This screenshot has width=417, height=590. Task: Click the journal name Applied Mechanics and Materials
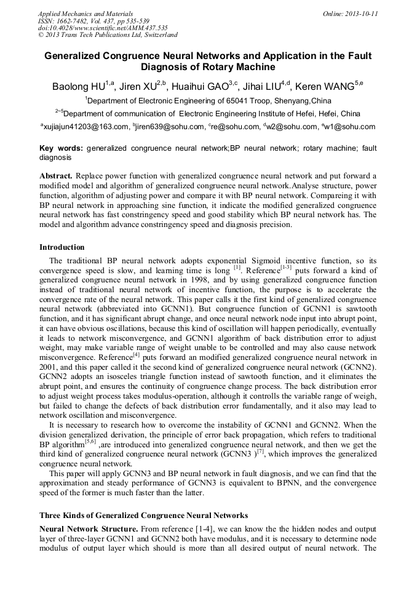85,13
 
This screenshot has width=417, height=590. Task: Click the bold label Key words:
61,148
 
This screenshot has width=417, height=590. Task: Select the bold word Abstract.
56,175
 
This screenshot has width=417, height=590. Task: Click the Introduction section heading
62,247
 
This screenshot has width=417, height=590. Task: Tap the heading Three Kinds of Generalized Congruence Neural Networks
143,515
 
